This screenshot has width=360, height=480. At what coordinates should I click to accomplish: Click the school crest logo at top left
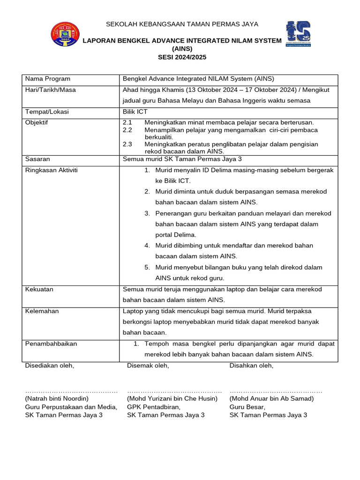(x=65, y=34)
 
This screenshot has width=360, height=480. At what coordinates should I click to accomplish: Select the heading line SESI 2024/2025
(x=182, y=57)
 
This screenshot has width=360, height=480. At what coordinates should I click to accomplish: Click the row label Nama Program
(x=48, y=79)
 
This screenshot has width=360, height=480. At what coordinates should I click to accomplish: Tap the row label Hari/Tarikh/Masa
(x=51, y=90)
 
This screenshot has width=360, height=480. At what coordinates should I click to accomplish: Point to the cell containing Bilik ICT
(x=135, y=112)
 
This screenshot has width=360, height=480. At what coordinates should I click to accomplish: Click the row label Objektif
(x=37, y=123)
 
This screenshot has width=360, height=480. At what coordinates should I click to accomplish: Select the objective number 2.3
(x=127, y=144)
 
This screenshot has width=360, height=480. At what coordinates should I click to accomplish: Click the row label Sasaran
(x=37, y=159)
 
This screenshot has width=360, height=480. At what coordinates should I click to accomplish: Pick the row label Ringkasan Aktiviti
(x=52, y=170)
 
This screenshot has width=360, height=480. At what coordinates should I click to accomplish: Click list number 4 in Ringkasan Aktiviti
(x=147, y=246)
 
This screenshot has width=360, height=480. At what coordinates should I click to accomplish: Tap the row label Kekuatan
(x=39, y=289)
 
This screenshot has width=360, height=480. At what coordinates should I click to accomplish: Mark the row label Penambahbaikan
(x=51, y=344)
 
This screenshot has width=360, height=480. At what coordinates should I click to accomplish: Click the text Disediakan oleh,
(x=49, y=366)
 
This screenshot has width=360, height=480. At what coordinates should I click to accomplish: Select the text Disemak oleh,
(x=148, y=366)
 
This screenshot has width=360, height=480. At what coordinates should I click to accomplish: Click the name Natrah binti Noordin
(x=57, y=398)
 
